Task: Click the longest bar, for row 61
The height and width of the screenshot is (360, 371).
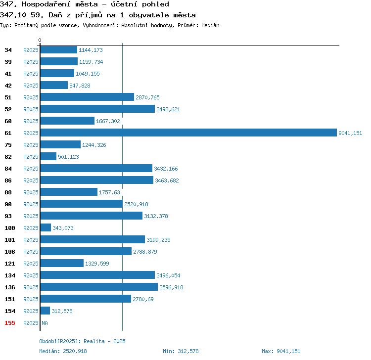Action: coord(188,133)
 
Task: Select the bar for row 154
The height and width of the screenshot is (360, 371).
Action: coord(45,311)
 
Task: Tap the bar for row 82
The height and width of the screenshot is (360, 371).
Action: coord(48,156)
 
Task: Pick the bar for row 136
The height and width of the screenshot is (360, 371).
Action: coord(99,287)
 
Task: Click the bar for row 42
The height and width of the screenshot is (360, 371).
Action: coord(54,85)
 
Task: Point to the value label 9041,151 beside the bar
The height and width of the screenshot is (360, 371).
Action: coord(350,133)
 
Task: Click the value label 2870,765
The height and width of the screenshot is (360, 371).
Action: coord(147,97)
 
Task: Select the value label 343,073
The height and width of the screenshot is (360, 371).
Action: coord(63,228)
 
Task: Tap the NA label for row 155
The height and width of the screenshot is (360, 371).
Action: coord(45,323)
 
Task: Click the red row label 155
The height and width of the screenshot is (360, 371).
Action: coord(10,323)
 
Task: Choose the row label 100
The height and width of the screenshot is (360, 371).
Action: coord(10,228)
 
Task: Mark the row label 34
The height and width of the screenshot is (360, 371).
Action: coord(8,50)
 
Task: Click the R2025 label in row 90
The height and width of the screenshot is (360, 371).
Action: coord(31,204)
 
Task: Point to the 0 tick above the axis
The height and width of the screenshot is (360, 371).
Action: coord(40,40)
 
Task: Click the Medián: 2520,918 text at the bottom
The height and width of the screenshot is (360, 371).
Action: coord(63,351)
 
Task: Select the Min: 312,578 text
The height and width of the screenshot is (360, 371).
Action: coord(181,351)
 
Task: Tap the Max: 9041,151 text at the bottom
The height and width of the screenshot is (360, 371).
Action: coord(281,351)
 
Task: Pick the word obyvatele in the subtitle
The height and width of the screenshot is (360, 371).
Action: coord(149,15)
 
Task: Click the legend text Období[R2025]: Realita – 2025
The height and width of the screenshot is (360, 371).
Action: coord(82,341)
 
